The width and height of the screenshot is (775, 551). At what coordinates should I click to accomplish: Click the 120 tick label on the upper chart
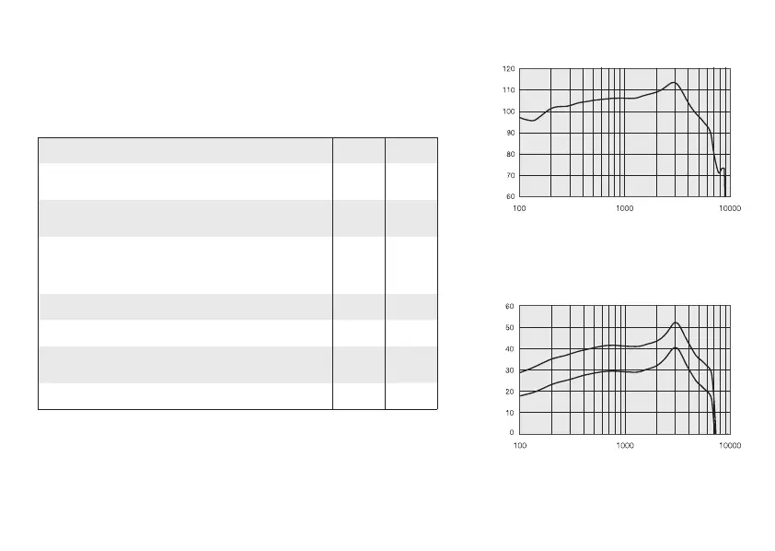[x=508, y=69]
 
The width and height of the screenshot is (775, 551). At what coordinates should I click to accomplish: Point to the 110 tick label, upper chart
[x=508, y=90]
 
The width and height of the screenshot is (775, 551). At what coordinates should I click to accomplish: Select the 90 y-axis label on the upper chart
[x=510, y=133]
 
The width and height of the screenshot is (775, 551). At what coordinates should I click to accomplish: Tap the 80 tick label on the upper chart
[x=510, y=154]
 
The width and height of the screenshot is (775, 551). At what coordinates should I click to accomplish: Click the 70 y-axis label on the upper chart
[x=510, y=175]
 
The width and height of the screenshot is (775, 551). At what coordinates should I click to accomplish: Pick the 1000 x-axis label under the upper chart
[x=624, y=209]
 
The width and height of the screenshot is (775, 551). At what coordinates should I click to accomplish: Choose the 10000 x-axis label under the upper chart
[x=729, y=209]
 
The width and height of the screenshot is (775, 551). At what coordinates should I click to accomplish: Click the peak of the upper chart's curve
[x=674, y=83]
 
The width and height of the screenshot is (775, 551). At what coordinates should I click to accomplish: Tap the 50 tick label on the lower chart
[x=510, y=327]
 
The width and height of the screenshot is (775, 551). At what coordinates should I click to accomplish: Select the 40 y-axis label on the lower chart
[x=510, y=348]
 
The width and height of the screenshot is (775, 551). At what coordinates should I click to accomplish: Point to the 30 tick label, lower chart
[x=510, y=369]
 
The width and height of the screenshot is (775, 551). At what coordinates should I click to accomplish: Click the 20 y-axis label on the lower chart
[x=510, y=391]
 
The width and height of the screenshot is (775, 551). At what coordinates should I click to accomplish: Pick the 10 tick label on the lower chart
[x=510, y=412]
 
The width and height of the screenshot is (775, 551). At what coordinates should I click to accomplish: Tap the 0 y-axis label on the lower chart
[x=513, y=433]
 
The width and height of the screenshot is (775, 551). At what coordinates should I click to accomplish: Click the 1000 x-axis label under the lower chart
[x=624, y=446]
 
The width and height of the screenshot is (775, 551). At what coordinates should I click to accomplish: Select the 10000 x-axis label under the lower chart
[x=729, y=446]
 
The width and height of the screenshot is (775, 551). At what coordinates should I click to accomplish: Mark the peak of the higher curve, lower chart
[x=676, y=322]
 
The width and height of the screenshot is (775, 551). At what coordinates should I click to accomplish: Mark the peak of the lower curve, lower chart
[x=676, y=347]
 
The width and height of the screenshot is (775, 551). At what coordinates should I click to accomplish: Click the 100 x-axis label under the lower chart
[x=520, y=446]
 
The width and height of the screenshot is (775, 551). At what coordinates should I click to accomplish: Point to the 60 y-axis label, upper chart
[x=510, y=196]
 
